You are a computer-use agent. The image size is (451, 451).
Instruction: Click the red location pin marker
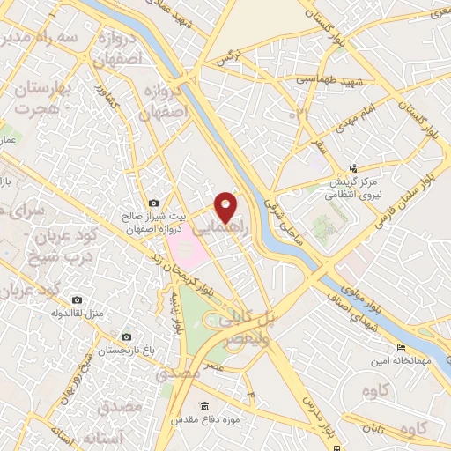coord(226,206)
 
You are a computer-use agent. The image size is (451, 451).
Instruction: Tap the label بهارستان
coord(42,90)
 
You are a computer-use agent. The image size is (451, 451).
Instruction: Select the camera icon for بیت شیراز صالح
coord(154,203)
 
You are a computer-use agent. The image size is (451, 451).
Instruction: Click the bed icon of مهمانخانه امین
coord(402,347)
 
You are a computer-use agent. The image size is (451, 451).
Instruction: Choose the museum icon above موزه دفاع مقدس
coord(205,405)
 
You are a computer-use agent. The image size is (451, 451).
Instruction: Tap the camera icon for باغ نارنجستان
coord(127,337)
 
